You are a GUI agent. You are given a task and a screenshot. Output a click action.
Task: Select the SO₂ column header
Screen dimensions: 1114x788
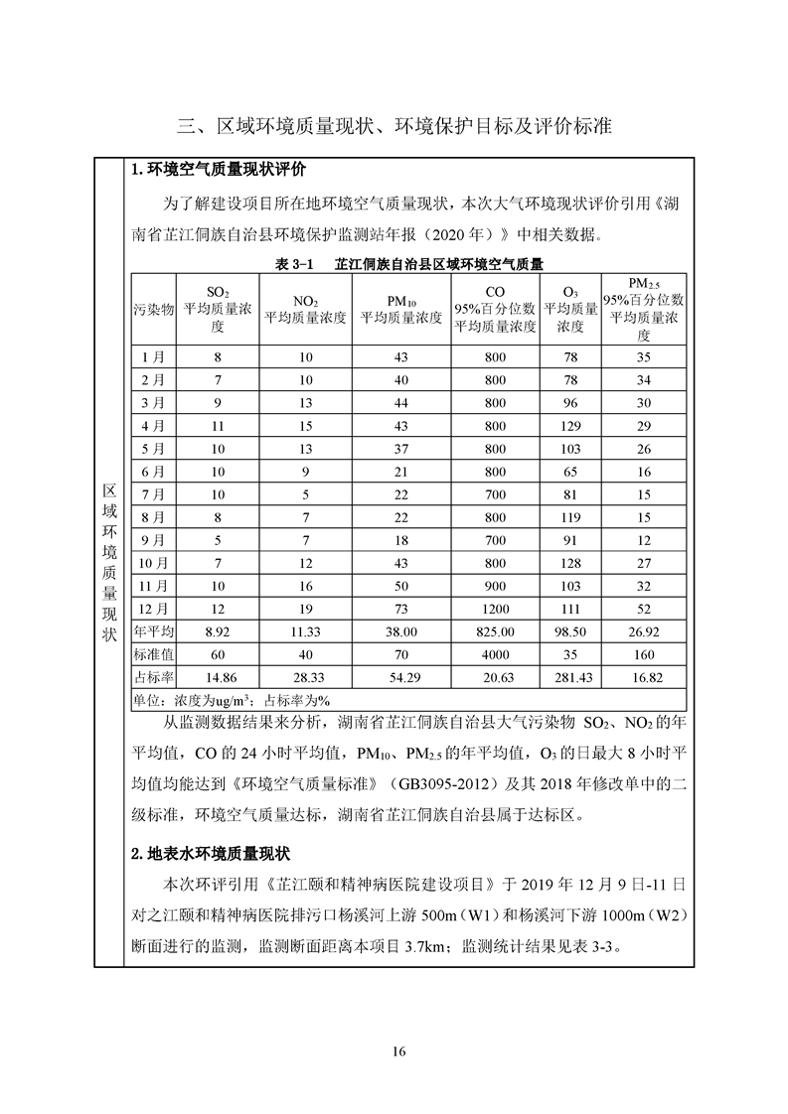tap(217, 308)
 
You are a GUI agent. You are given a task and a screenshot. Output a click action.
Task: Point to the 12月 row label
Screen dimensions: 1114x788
tap(154, 608)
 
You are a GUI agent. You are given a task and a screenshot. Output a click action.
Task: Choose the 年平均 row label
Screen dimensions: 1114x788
tap(154, 630)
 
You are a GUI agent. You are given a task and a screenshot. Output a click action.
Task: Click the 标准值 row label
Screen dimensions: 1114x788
tap(154, 653)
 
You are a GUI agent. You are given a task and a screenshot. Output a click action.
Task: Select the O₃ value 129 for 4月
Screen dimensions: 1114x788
tap(570, 425)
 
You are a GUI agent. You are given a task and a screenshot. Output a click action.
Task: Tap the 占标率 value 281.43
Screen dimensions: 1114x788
tap(570, 676)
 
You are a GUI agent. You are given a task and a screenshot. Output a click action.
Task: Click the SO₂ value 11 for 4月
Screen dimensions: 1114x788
tap(217, 425)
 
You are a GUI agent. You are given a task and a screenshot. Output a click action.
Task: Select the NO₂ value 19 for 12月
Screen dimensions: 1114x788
tap(305, 608)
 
